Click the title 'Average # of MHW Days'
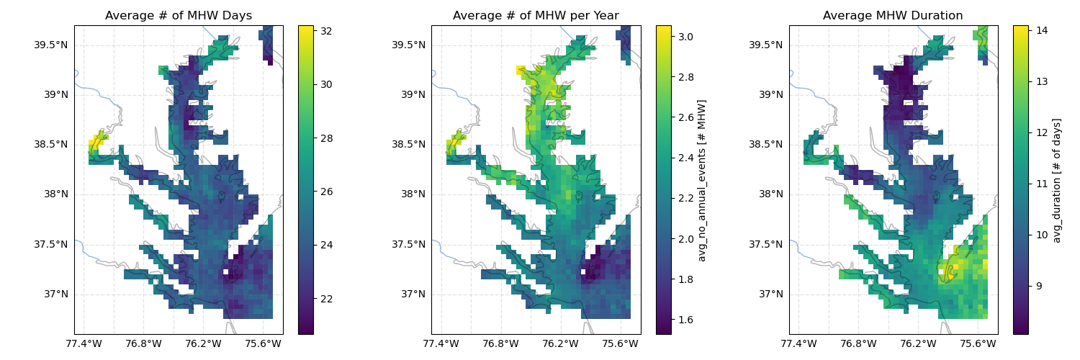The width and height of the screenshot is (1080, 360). coord(179,16)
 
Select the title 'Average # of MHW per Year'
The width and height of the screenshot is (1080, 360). coord(536,16)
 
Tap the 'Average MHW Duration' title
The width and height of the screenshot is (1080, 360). coord(893,16)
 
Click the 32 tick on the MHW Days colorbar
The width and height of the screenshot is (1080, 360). coord(326,31)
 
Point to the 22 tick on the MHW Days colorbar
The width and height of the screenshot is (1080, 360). coord(326,299)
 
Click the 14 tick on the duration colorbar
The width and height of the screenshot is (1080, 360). coord(1042,30)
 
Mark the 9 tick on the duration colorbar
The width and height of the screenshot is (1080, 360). coord(1039,286)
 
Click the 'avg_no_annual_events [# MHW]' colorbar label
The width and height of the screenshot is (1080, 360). coord(702,180)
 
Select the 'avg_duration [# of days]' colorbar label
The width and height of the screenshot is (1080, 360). coord(1056,180)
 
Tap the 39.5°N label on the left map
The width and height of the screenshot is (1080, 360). coord(50,45)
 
